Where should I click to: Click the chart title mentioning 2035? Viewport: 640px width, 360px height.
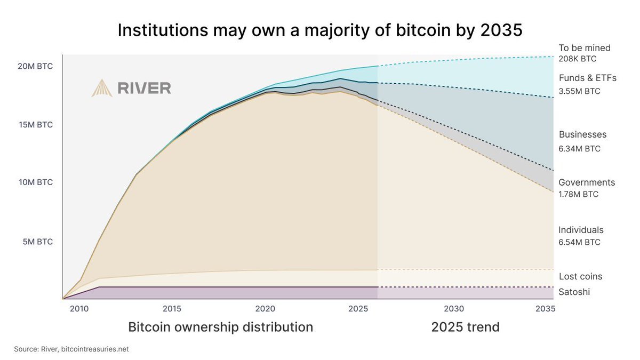(x=319, y=30)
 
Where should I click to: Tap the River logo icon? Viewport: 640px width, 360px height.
(x=102, y=88)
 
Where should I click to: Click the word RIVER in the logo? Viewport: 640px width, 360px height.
(x=144, y=88)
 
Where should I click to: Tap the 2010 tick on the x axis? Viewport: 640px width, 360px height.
(x=79, y=309)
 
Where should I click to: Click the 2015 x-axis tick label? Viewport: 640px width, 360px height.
(x=171, y=309)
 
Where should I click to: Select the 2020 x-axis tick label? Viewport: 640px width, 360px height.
(x=265, y=309)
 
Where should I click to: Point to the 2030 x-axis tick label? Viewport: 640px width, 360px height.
(x=453, y=309)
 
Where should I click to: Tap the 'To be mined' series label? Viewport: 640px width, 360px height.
(x=584, y=48)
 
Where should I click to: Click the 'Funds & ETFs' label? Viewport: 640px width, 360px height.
(x=587, y=78)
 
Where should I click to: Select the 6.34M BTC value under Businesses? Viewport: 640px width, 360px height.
(x=579, y=149)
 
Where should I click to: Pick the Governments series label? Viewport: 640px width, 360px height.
(x=587, y=182)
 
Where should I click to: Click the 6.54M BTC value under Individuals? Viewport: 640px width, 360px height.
(x=579, y=242)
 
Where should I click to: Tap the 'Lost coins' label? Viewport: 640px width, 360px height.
(x=580, y=276)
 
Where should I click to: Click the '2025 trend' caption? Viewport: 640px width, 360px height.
(x=465, y=327)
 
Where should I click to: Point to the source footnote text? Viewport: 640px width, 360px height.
(x=71, y=349)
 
